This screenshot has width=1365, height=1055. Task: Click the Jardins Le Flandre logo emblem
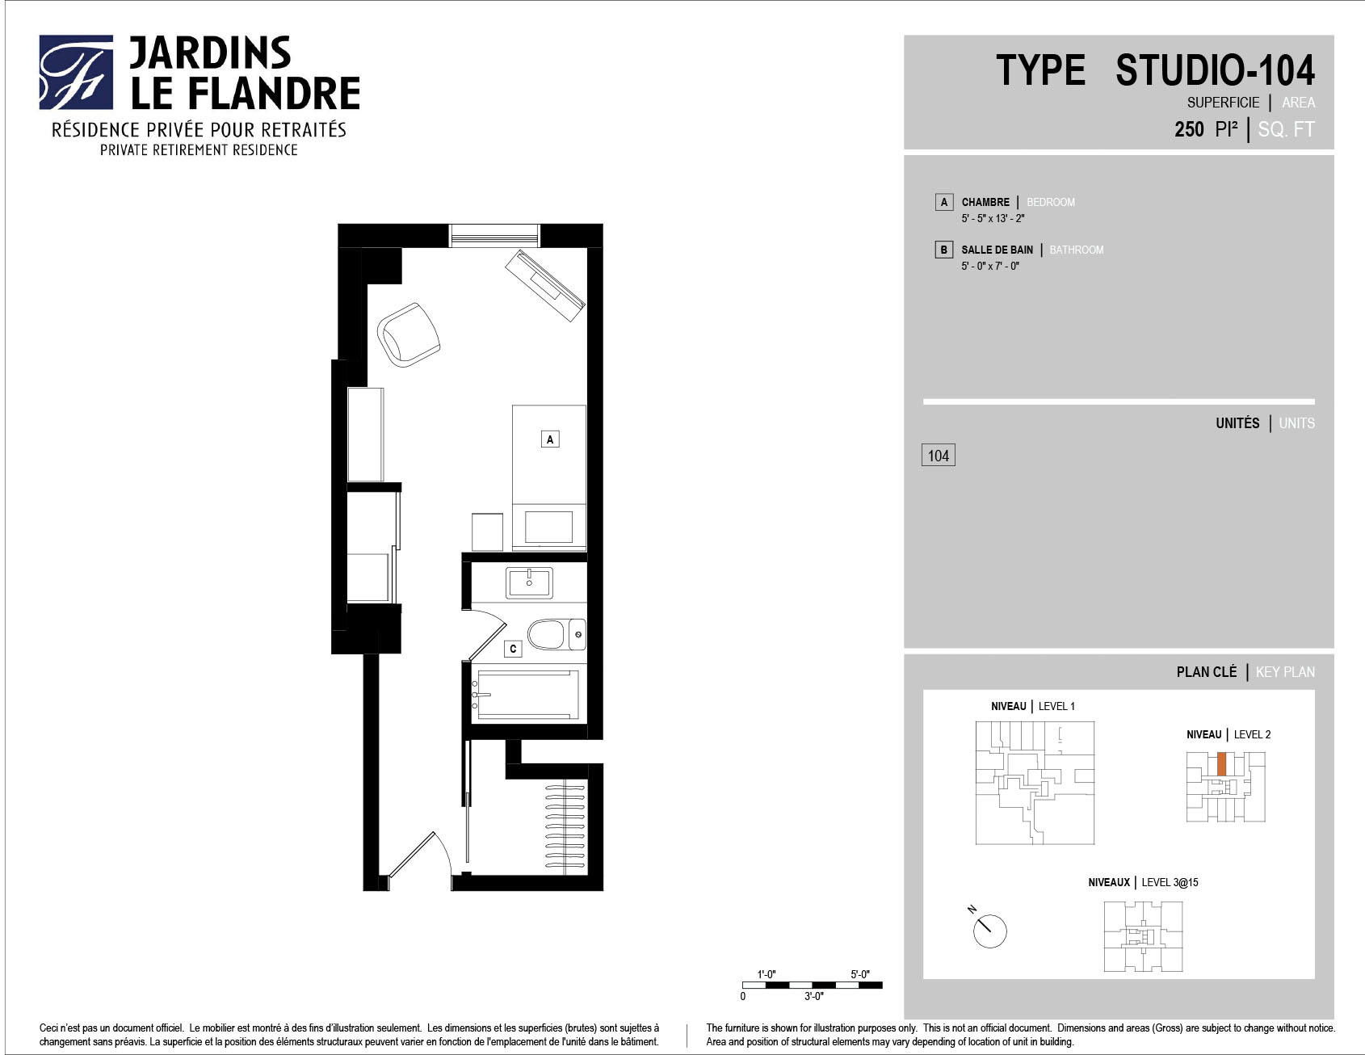(x=76, y=72)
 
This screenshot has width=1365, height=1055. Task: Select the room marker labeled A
(x=550, y=439)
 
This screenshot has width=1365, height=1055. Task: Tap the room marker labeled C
(x=513, y=649)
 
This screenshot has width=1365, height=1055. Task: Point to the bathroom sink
(x=530, y=582)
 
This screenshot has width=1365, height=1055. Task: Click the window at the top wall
(x=494, y=235)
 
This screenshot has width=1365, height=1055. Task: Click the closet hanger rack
(x=565, y=826)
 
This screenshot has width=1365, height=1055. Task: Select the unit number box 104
(x=939, y=456)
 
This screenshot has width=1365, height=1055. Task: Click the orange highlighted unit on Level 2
(x=1221, y=764)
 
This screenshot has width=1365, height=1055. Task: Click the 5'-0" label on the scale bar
(x=859, y=974)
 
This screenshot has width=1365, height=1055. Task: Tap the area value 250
(x=1189, y=129)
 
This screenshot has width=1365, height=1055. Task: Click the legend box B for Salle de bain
(x=943, y=250)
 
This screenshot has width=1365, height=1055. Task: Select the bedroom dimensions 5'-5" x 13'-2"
(x=993, y=218)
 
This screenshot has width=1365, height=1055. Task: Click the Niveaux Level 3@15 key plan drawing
(x=1143, y=935)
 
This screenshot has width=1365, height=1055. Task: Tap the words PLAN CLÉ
(x=1207, y=672)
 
